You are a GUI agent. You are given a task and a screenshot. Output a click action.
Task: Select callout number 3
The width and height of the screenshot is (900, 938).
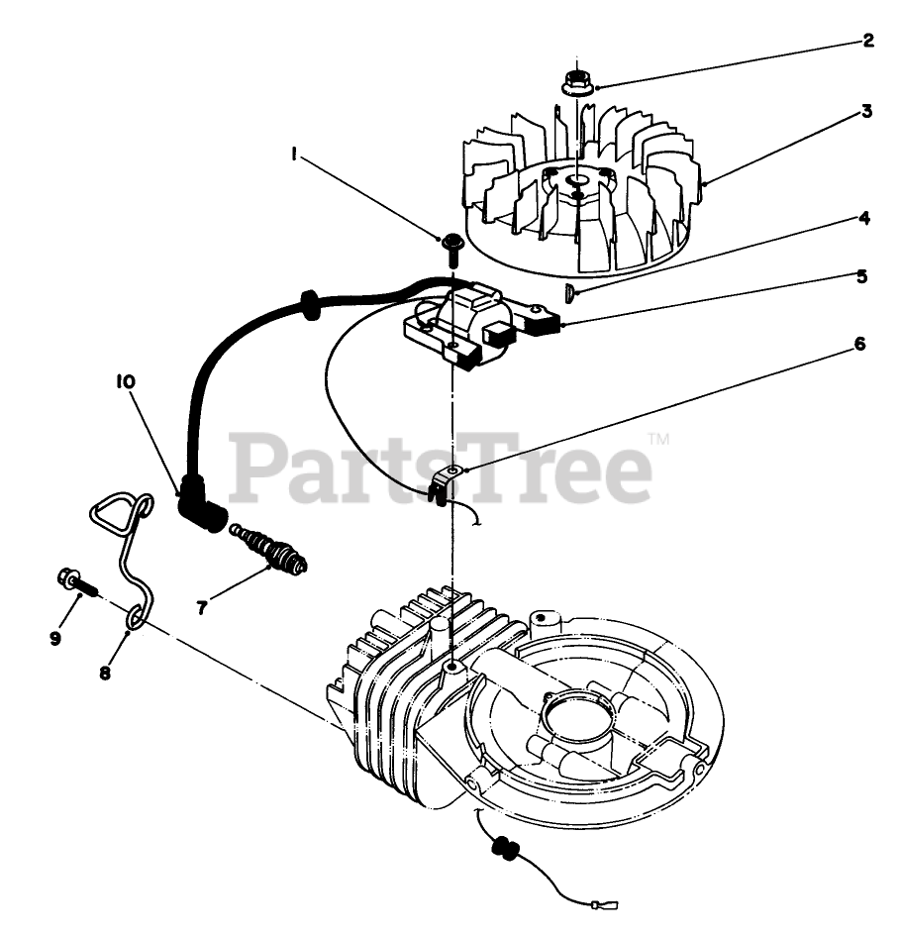coord(866,111)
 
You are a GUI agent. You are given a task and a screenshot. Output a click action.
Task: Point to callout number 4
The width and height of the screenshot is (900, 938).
coord(864,218)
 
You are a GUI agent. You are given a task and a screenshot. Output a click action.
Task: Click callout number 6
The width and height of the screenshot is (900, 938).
coord(859,344)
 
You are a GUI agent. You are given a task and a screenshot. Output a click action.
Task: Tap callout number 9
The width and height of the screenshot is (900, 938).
coord(55,638)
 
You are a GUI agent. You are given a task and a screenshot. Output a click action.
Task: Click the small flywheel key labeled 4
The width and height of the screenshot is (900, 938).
coord(569,291)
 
